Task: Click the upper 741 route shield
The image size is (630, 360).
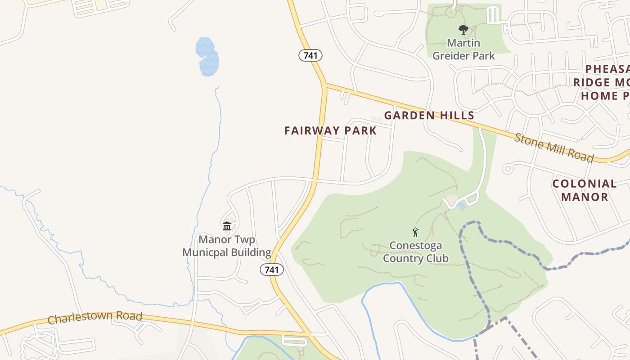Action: click(x=310, y=55)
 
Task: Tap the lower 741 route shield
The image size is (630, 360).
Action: click(x=272, y=270)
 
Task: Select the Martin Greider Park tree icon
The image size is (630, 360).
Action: click(x=463, y=30)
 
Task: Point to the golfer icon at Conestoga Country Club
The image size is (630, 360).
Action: click(x=415, y=232)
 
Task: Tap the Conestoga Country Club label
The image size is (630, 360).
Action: click(x=415, y=252)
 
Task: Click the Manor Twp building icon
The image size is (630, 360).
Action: click(x=227, y=225)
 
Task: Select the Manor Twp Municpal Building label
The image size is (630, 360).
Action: click(x=227, y=246)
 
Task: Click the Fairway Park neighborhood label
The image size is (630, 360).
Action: click(x=330, y=130)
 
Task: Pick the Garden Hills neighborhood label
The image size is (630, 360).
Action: click(x=429, y=115)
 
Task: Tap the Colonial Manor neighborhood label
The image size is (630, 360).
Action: click(x=584, y=190)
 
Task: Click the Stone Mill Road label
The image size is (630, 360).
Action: click(x=554, y=147)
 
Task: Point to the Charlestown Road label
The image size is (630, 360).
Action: click(x=95, y=318)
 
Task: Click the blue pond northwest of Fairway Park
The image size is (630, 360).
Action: click(x=207, y=57)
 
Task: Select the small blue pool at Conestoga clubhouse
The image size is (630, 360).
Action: click(x=462, y=206)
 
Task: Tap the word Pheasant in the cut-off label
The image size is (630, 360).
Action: click(x=607, y=69)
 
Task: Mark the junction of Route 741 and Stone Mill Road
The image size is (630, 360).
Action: click(x=324, y=84)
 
